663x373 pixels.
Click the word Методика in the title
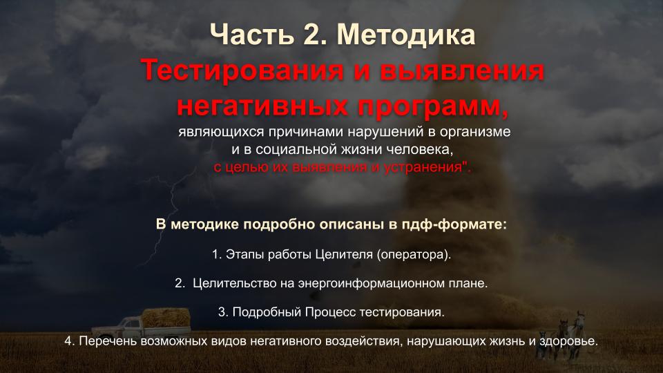(x=406, y=35)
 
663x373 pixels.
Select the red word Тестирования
(x=242, y=70)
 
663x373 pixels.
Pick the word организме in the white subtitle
(x=475, y=132)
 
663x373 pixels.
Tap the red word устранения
(x=423, y=168)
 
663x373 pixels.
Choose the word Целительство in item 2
(x=235, y=283)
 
